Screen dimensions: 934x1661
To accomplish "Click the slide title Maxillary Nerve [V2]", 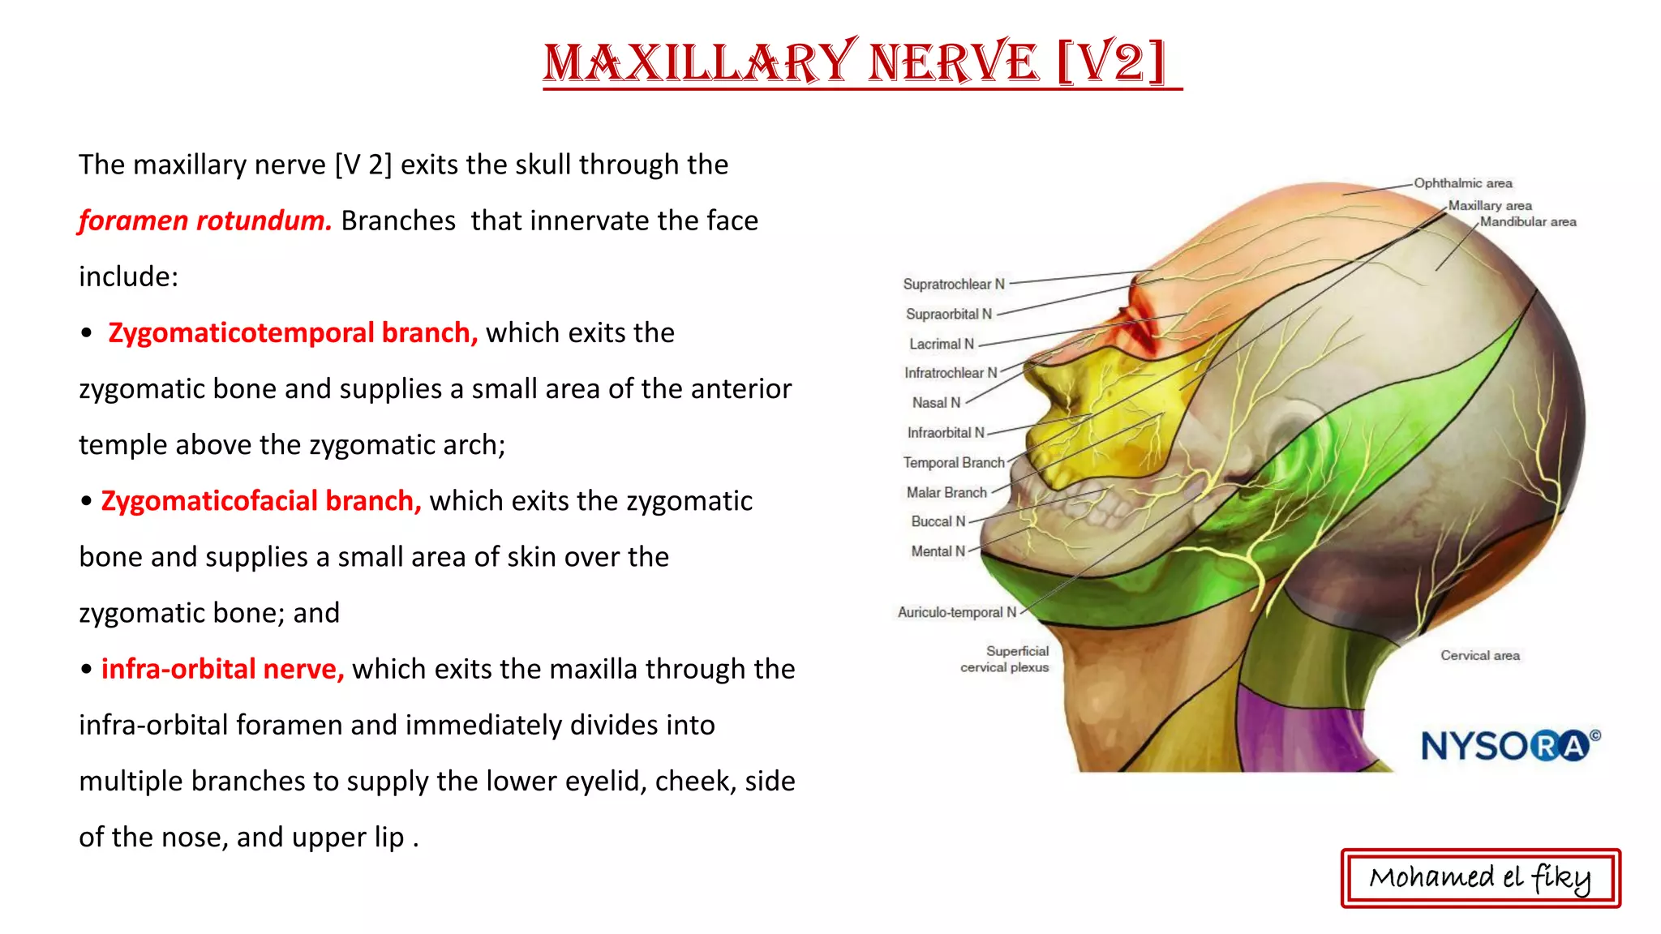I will click(x=861, y=63).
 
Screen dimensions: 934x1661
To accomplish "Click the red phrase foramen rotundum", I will click(x=204, y=221).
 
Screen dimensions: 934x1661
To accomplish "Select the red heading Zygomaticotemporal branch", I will click(x=293, y=333).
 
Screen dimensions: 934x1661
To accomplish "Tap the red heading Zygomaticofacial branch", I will click(x=261, y=501).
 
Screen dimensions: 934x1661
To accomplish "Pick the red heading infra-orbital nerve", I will click(x=222, y=669).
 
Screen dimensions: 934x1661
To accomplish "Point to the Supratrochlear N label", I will click(x=953, y=285).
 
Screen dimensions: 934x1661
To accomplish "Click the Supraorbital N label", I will click(x=948, y=315).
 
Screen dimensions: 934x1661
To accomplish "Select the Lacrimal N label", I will click(x=941, y=345).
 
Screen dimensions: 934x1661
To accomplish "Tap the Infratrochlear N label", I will click(x=950, y=373).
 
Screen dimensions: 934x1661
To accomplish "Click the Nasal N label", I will click(x=935, y=403).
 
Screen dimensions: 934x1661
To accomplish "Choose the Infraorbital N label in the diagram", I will click(x=945, y=433).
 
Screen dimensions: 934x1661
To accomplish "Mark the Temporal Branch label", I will click(x=953, y=463).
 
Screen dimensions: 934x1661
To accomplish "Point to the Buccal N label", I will click(x=938, y=522).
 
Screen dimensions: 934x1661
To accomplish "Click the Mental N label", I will click(x=938, y=551).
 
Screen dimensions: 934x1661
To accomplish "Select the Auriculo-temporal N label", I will click(x=956, y=613).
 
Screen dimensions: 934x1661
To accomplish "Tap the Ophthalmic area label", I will click(x=1462, y=183).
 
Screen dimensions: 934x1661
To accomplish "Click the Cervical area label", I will click(x=1479, y=656).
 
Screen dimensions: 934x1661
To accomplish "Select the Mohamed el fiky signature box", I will click(x=1480, y=878).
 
